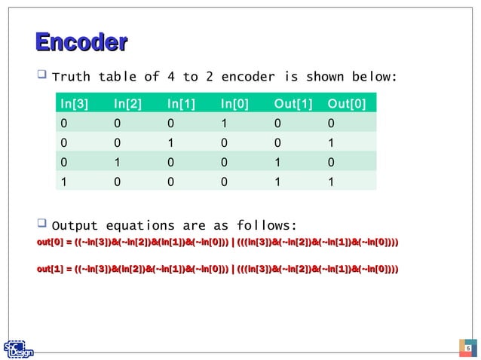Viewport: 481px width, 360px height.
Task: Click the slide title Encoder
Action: point(81,43)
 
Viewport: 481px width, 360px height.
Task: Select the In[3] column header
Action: point(75,104)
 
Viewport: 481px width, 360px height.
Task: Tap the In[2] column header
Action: point(128,104)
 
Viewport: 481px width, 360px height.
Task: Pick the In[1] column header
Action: point(182,104)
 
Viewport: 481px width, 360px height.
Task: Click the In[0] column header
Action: point(236,104)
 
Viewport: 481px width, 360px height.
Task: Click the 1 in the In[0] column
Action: point(224,122)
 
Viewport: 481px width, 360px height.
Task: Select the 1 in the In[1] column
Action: point(170,142)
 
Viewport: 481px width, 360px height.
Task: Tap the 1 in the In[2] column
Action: point(117,161)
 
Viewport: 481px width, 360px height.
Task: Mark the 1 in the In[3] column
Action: point(63,181)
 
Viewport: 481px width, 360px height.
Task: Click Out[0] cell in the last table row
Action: point(332,181)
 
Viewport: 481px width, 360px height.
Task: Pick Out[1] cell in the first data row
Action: point(278,122)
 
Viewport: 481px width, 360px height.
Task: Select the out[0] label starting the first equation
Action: point(50,242)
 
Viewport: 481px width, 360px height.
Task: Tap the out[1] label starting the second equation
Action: point(50,268)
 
